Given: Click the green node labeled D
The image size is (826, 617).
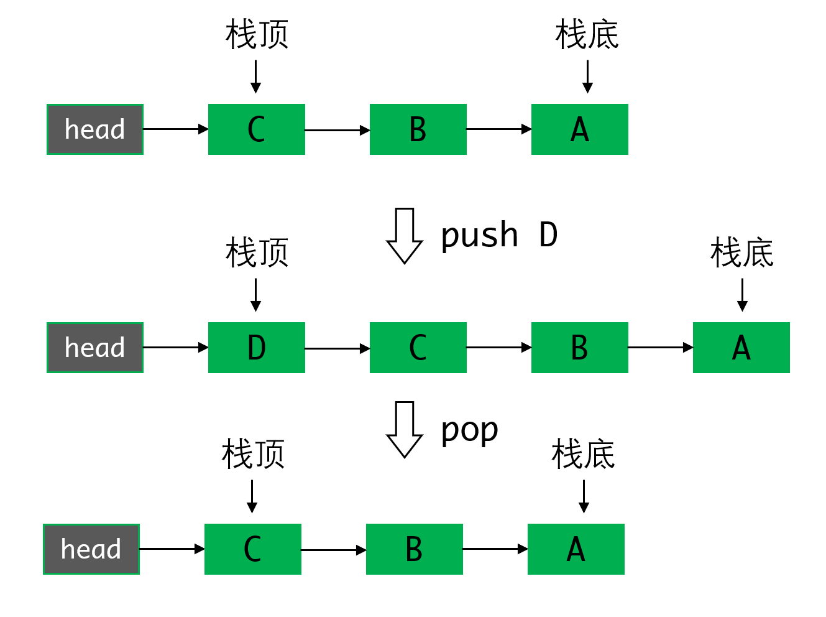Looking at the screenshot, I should coord(256,348).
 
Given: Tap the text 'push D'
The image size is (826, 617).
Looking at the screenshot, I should coord(499,236).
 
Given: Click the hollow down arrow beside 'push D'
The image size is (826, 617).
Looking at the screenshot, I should coord(405,236).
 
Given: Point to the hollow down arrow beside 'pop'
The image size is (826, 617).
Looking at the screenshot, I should coord(405,429).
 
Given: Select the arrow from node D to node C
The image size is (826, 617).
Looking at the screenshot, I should coord(337,348).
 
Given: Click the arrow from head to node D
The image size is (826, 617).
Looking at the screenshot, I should coord(175,348).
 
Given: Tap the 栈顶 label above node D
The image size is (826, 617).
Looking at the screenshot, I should coord(257,253).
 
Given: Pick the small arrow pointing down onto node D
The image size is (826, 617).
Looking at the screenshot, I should coord(255,295).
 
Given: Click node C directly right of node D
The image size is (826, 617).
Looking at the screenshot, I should coord(418,348).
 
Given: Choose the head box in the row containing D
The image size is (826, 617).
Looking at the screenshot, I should coord(95,348).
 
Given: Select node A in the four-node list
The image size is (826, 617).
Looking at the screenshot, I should coord(741,348).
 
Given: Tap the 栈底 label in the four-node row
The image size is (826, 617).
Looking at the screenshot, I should coord(741,253).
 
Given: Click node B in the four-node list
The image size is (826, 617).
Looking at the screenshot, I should coord(579,348).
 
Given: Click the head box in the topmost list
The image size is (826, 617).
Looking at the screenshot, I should coord(95,129).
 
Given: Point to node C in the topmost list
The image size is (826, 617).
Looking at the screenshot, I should coord(256,129).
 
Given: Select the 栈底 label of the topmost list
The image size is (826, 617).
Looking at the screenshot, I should coord(587,35).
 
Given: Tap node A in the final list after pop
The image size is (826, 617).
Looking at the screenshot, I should coord(576,549).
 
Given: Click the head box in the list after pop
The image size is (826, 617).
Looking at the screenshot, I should coord(91,549).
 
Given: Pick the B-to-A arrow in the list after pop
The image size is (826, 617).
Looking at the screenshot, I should coord(495,549).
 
